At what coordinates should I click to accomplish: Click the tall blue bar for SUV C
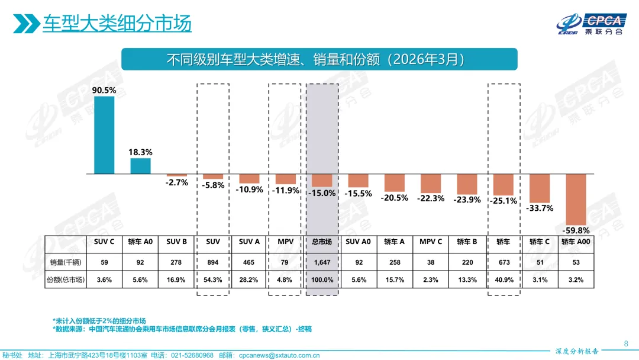(x=104, y=135)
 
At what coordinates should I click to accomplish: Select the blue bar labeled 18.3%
(x=140, y=166)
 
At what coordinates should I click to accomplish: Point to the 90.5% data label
(x=104, y=91)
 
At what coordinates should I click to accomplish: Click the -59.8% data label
(x=576, y=230)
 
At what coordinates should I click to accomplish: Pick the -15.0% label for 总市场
(x=322, y=192)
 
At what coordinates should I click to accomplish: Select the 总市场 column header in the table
(x=322, y=242)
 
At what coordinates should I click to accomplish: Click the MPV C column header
(x=431, y=242)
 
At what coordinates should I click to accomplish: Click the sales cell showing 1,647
(x=322, y=262)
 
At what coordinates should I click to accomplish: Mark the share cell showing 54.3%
(x=213, y=280)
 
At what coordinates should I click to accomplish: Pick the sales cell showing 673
(x=504, y=262)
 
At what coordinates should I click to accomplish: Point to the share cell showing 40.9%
(x=504, y=280)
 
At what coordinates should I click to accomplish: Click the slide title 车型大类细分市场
(x=117, y=24)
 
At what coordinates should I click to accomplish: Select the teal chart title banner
(x=319, y=59)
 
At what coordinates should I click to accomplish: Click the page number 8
(x=626, y=343)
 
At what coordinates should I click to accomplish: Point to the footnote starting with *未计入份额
(x=99, y=320)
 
